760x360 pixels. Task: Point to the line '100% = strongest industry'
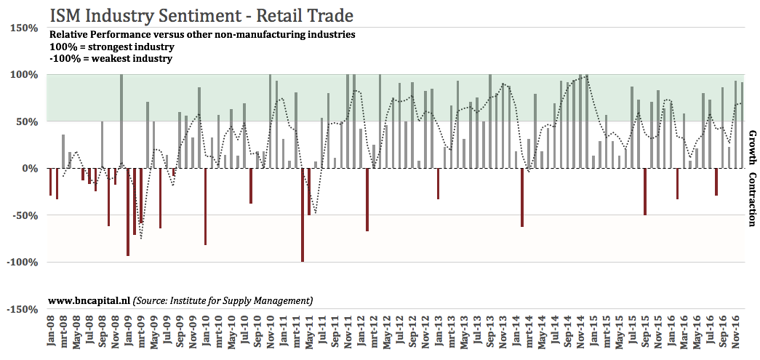pos(111,47)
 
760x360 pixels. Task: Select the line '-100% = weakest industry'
pos(110,58)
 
